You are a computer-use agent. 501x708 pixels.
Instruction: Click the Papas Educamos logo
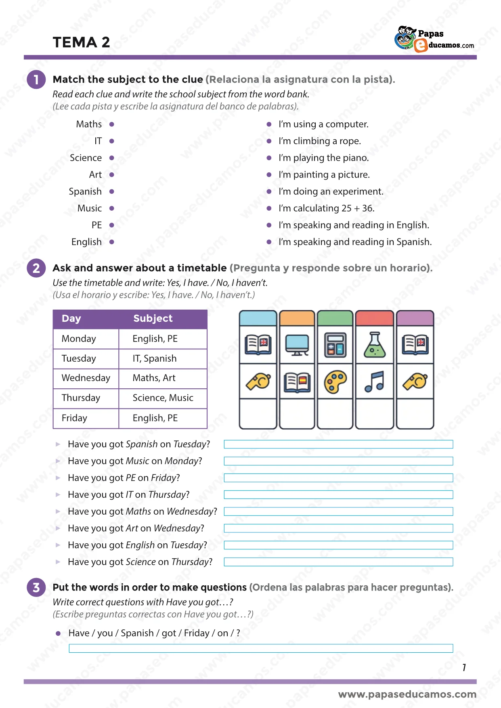point(434,39)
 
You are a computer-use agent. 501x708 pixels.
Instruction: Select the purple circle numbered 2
point(36,268)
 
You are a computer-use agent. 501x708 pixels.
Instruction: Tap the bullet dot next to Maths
point(112,124)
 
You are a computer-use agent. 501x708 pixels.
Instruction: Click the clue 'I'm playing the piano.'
point(323,158)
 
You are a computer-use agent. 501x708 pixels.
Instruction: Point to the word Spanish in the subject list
point(85,191)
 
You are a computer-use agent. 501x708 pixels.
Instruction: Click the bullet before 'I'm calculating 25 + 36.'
point(269,208)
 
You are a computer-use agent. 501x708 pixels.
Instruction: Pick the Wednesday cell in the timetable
point(86,378)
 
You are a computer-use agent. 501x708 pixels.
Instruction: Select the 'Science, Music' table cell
point(163,398)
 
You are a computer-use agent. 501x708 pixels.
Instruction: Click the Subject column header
point(153,318)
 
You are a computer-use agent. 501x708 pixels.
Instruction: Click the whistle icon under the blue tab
point(258,381)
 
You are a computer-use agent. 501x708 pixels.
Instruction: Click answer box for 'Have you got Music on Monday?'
point(338,461)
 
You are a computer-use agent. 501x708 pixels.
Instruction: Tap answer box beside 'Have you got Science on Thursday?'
point(338,562)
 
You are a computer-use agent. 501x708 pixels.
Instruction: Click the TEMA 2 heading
point(81,42)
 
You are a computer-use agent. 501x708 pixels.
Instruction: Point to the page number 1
point(464,668)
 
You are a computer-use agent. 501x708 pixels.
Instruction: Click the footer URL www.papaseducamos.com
point(407,694)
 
